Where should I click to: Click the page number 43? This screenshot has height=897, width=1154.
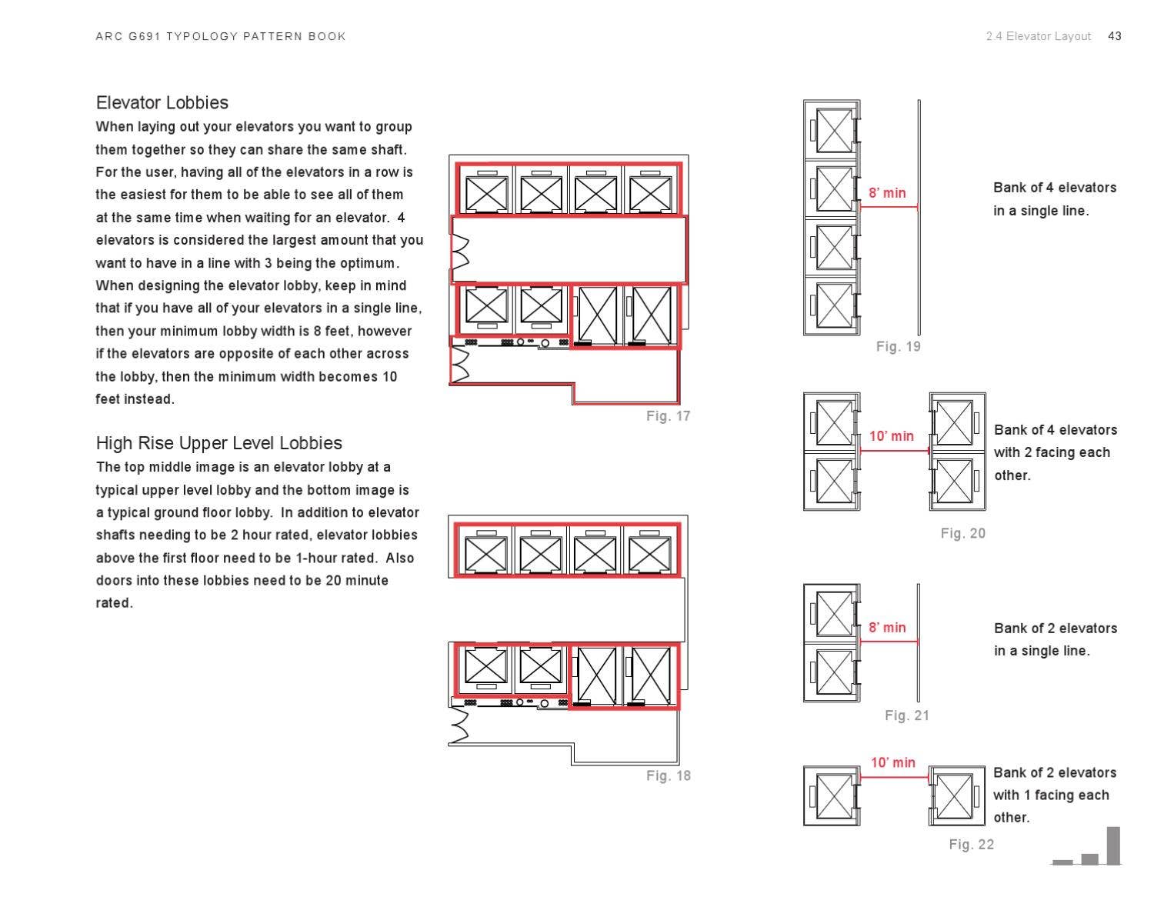coord(1114,36)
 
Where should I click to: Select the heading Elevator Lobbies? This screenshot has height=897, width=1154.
coord(162,102)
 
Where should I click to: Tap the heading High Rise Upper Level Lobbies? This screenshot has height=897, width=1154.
coord(218,442)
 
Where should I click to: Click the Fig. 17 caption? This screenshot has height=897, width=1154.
coord(668,415)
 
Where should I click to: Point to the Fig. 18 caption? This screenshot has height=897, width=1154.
coord(668,775)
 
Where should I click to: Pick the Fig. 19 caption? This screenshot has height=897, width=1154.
coord(898,346)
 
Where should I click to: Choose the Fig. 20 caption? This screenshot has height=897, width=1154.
coord(962,533)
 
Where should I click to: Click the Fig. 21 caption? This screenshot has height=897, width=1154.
coord(906,715)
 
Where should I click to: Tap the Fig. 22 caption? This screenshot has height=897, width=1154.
coord(972,844)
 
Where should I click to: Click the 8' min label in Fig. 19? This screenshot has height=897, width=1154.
coord(887,192)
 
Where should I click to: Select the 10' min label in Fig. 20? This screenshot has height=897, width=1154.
coord(891,435)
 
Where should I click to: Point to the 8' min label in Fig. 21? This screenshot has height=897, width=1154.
coord(887,627)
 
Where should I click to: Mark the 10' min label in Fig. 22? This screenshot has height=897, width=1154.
coord(892,762)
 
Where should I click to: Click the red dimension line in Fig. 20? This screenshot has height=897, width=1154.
coord(894,451)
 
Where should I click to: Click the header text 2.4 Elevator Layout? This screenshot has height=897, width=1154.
coord(1039,36)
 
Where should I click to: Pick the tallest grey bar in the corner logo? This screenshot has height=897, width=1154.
coord(1114,845)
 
